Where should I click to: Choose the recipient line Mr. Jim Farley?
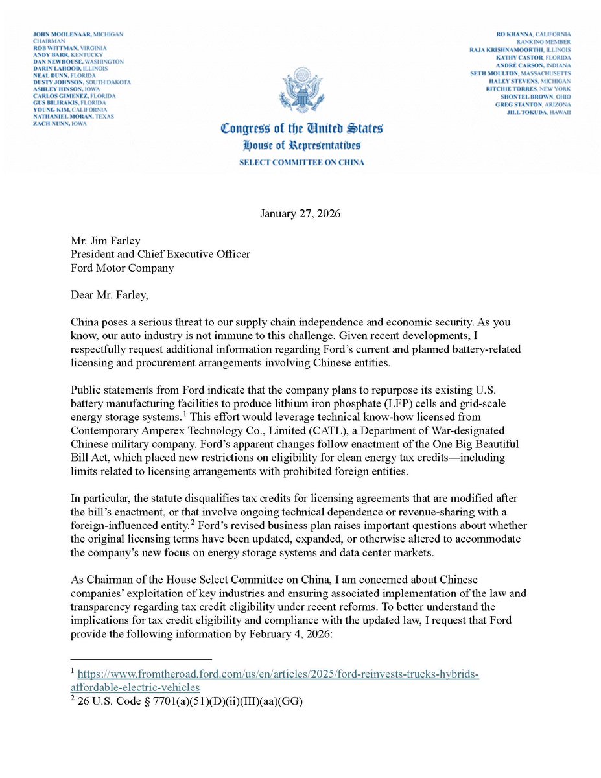click(x=104, y=241)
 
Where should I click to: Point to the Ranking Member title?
click(x=547, y=41)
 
